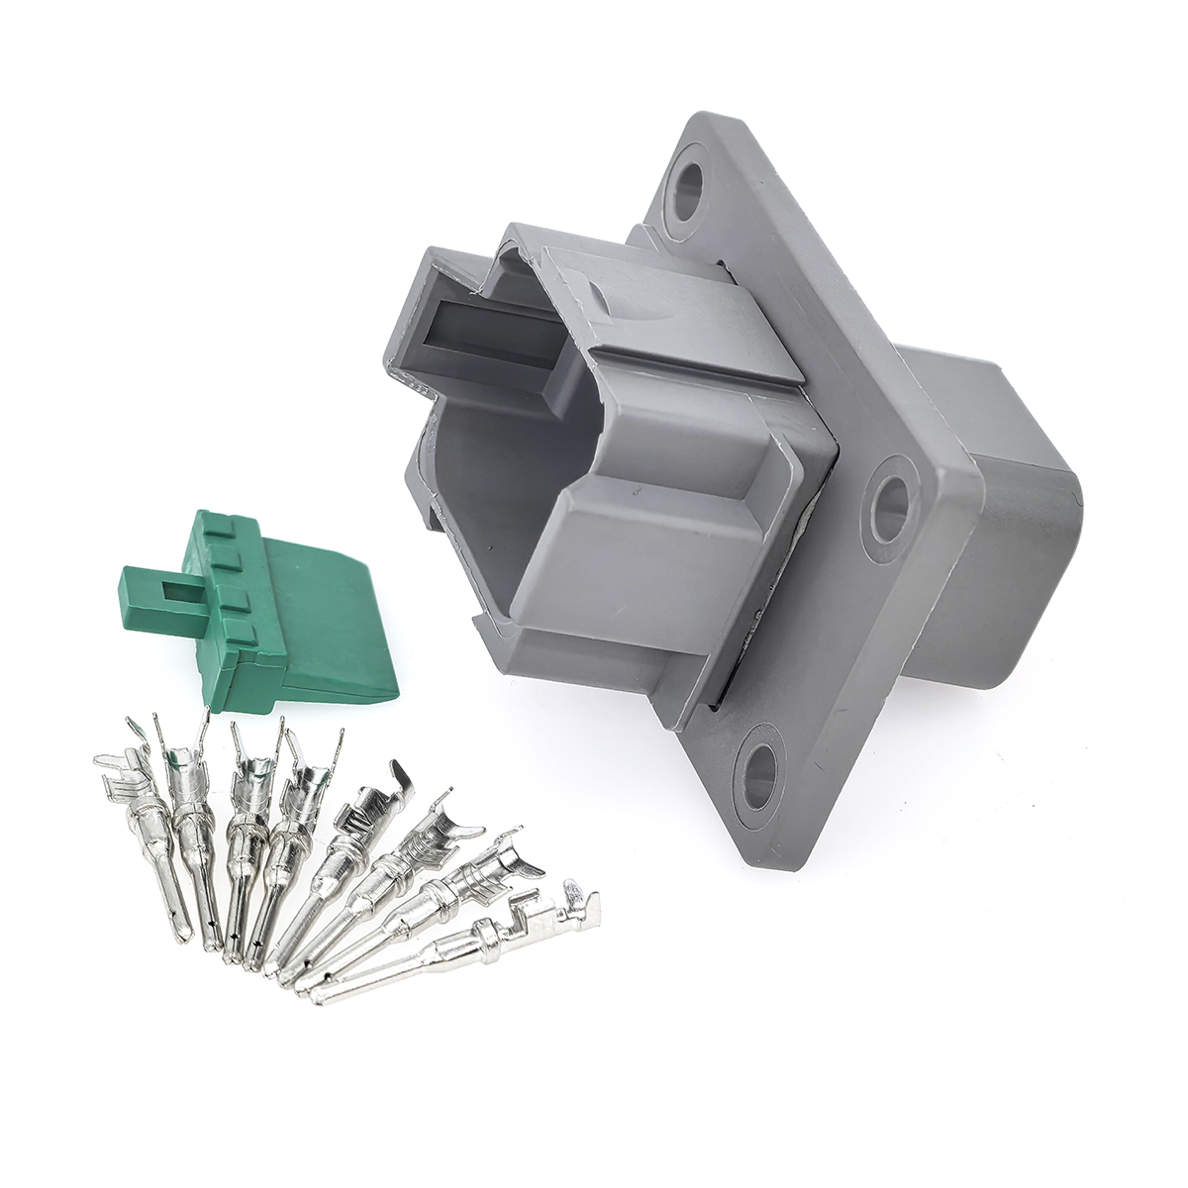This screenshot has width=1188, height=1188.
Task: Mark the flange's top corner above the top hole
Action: pos(693,134)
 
